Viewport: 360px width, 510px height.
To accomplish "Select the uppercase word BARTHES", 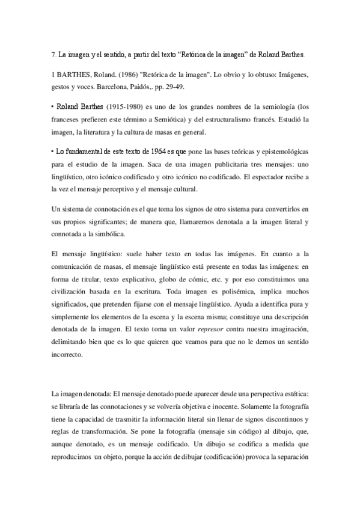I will [75, 75].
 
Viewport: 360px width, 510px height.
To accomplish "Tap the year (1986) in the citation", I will [133, 75].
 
